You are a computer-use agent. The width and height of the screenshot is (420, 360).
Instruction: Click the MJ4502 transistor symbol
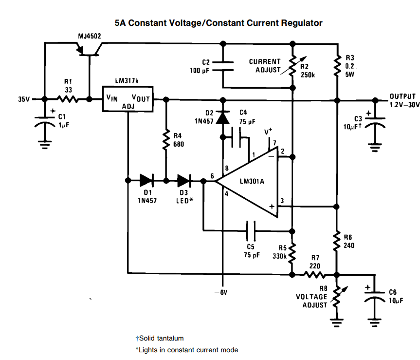[90, 48]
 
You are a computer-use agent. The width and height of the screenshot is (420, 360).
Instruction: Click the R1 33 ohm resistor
[68, 99]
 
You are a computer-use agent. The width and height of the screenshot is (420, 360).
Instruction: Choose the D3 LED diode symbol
[184, 181]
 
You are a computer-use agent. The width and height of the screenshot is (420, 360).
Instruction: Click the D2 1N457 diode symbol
[223, 117]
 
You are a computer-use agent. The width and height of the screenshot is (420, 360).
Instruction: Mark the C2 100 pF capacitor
[223, 66]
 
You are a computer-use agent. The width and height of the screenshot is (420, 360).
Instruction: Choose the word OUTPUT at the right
[402, 96]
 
